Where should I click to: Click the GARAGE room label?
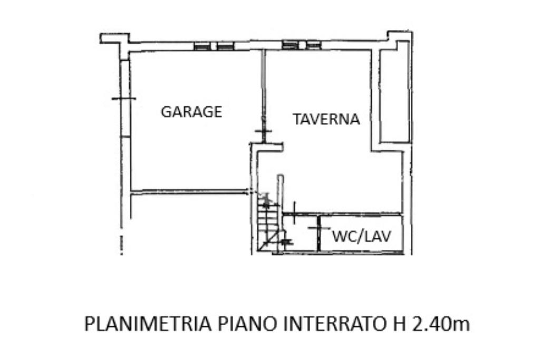pos(191,112)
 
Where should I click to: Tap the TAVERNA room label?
pos(326,119)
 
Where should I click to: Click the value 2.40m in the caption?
pos(440,323)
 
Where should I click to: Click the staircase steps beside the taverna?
pos(267,221)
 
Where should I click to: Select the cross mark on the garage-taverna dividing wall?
pos(262,131)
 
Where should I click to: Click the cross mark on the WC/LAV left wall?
pos(317,228)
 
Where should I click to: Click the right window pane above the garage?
pos(225,46)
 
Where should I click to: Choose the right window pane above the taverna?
pos(313,45)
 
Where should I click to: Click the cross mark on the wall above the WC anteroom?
pos(294,209)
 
